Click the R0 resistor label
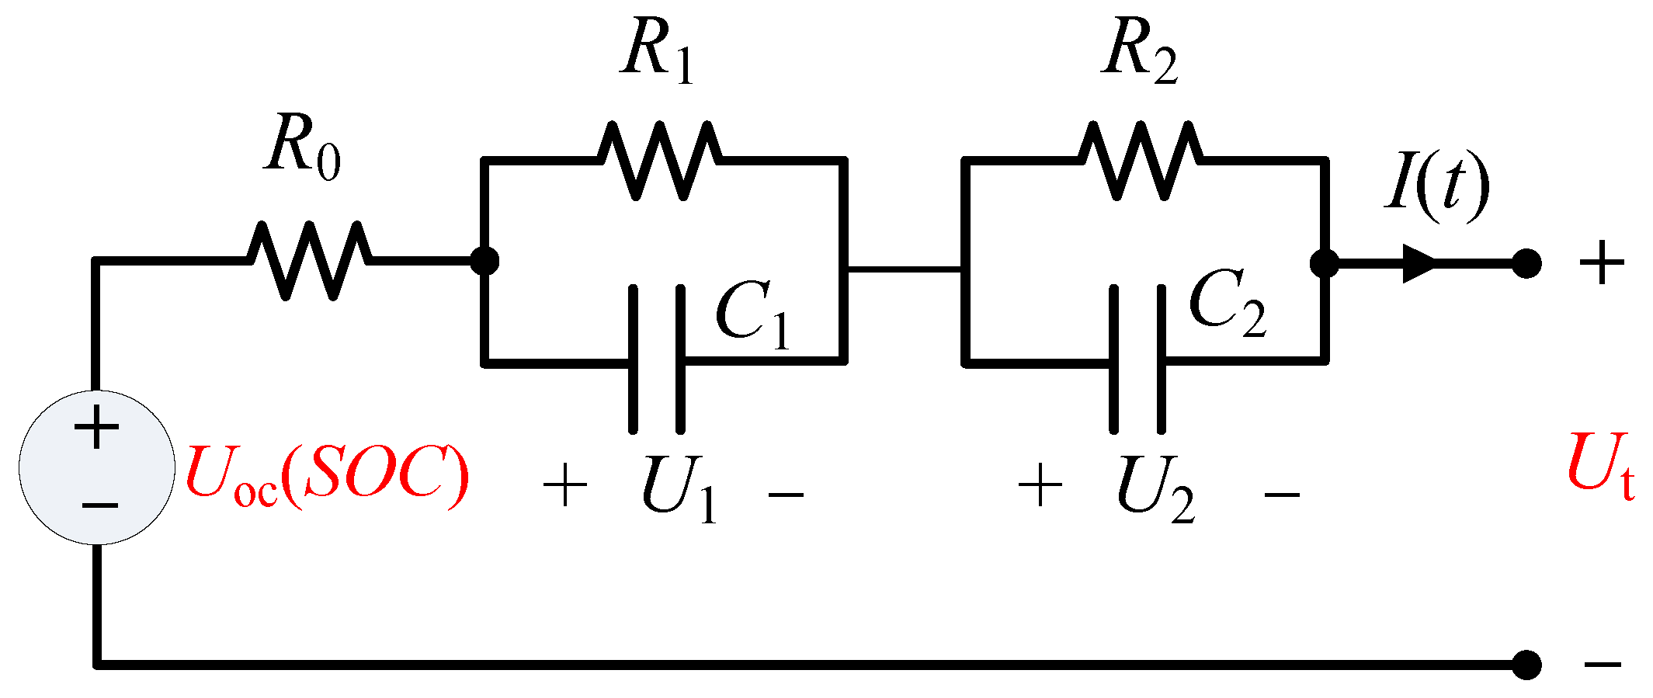pyautogui.click(x=302, y=148)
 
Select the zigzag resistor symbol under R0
pyautogui.click(x=309, y=260)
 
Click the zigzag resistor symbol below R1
pyautogui.click(x=659, y=160)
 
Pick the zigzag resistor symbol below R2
pyautogui.click(x=1140, y=160)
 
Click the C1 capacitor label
pyautogui.click(x=752, y=315)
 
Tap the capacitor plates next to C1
pyautogui.click(x=657, y=359)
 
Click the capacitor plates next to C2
pyautogui.click(x=1137, y=359)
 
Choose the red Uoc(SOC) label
pyautogui.click(x=327, y=475)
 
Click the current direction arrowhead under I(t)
pyautogui.click(x=1419, y=264)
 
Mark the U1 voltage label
pyautogui.click(x=678, y=491)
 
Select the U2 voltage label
pyautogui.click(x=1155, y=491)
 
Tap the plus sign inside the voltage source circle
pyautogui.click(x=96, y=428)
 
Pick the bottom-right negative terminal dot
pyautogui.click(x=1526, y=665)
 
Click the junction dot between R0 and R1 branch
pyautogui.click(x=484, y=261)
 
